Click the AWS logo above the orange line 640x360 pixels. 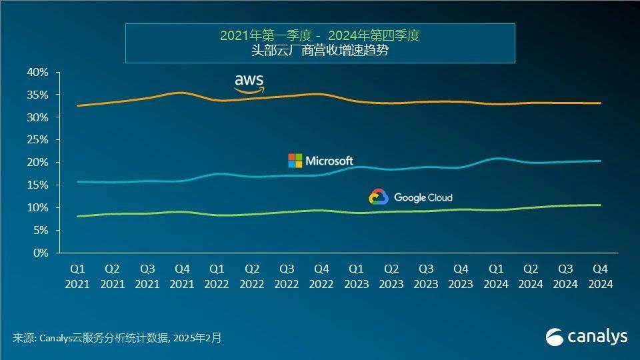(x=249, y=83)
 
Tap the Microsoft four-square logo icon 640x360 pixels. (x=295, y=161)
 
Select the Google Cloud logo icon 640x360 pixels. (x=378, y=197)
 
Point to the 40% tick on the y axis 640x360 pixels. (x=38, y=72)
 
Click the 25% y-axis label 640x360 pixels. (x=38, y=140)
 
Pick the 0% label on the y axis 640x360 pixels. (x=41, y=253)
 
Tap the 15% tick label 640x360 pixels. (x=38, y=185)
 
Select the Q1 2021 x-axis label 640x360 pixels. (x=77, y=277)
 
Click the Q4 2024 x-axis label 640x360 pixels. (x=600, y=277)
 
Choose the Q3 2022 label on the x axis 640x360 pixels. (x=287, y=277)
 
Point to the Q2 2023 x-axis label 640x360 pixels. (x=391, y=277)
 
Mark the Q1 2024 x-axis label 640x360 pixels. (x=495, y=277)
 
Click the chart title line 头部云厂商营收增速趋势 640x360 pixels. (x=320, y=51)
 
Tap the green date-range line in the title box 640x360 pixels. (x=320, y=35)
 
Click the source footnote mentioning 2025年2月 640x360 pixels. (x=117, y=338)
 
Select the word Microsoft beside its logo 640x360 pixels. (x=329, y=161)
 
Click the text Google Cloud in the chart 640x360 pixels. (x=423, y=197)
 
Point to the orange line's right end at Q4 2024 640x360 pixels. (x=600, y=103)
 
